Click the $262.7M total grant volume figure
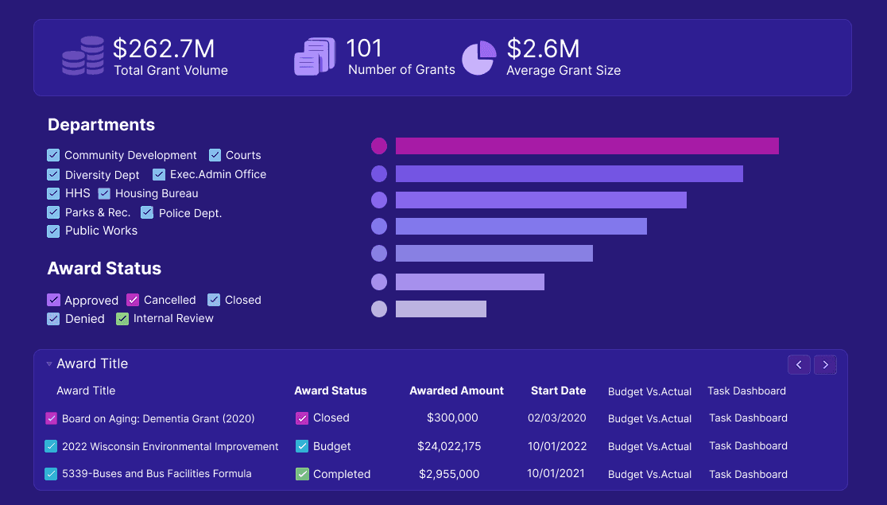tap(164, 49)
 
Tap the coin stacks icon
tap(83, 56)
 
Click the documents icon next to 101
tap(315, 57)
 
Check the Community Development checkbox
tap(53, 155)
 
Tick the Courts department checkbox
tap(215, 155)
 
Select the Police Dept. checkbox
tap(147, 212)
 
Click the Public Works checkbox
tap(53, 231)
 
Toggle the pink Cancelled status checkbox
tap(133, 300)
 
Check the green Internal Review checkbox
tap(122, 319)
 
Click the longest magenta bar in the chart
tap(587, 146)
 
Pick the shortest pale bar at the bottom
tap(440, 309)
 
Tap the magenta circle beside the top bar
tap(379, 146)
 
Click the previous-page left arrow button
tap(799, 364)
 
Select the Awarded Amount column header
tap(456, 390)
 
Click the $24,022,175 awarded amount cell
tap(449, 446)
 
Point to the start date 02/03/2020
tap(556, 418)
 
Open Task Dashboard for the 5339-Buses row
tap(748, 474)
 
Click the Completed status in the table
tap(342, 474)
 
